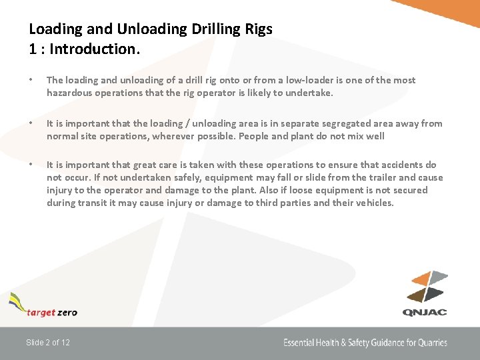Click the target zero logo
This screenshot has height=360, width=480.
point(44,306)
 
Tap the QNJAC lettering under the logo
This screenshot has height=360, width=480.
point(425,311)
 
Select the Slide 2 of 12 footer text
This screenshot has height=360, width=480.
point(48,343)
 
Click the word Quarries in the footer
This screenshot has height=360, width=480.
point(431,343)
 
